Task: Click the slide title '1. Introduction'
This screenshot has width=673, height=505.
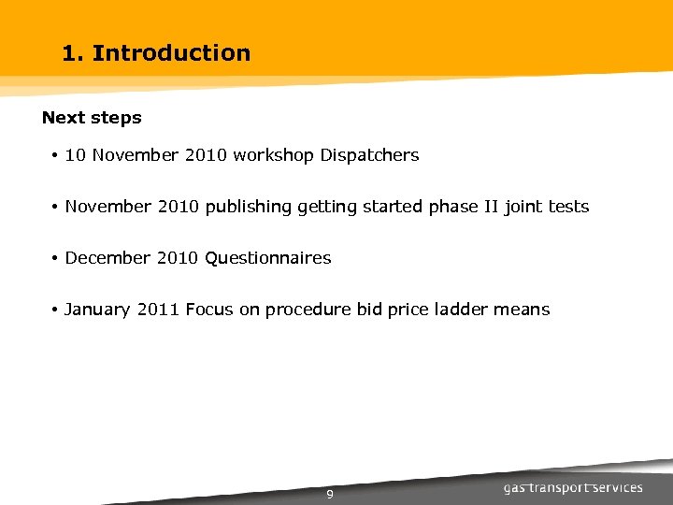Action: pyautogui.click(x=156, y=53)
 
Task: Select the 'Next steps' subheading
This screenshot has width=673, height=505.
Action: pyautogui.click(x=92, y=118)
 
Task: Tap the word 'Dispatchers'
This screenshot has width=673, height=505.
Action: pyautogui.click(x=369, y=155)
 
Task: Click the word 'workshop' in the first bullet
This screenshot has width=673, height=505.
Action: pyautogui.click(x=274, y=155)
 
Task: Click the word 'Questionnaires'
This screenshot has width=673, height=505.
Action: pyautogui.click(x=267, y=258)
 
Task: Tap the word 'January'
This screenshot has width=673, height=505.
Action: pyautogui.click(x=97, y=310)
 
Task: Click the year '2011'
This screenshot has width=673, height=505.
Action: pyautogui.click(x=158, y=310)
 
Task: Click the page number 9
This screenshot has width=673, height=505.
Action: pyautogui.click(x=330, y=495)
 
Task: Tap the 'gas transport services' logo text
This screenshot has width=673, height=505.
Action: pyautogui.click(x=573, y=488)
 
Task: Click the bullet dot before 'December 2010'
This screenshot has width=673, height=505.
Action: pyautogui.click(x=56, y=258)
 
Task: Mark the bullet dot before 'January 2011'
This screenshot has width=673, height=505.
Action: pyautogui.click(x=56, y=310)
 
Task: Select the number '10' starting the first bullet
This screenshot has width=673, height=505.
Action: pyautogui.click(x=75, y=155)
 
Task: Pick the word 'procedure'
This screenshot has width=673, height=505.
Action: pyautogui.click(x=308, y=310)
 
